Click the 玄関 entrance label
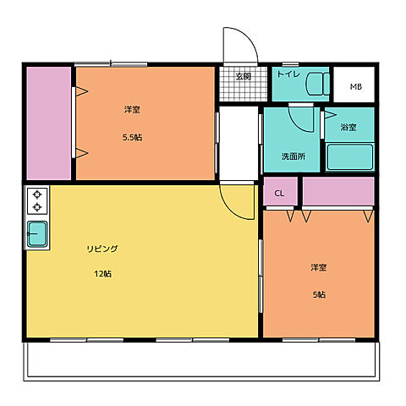[x=244, y=76]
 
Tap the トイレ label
[x=288, y=74]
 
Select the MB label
[x=356, y=86]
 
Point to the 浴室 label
[x=348, y=127]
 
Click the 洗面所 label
[x=294, y=156]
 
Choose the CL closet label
[x=279, y=194]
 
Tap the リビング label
[x=102, y=249]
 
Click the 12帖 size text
[x=102, y=274]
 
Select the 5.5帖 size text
[x=132, y=138]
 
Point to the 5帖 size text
[x=319, y=294]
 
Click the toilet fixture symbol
[x=318, y=84]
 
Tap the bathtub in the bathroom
[x=350, y=157]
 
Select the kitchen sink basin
[x=37, y=234]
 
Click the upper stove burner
[x=37, y=195]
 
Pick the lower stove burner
[x=37, y=207]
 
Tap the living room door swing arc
[x=230, y=210]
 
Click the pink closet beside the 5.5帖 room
[x=49, y=123]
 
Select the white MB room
[x=354, y=85]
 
